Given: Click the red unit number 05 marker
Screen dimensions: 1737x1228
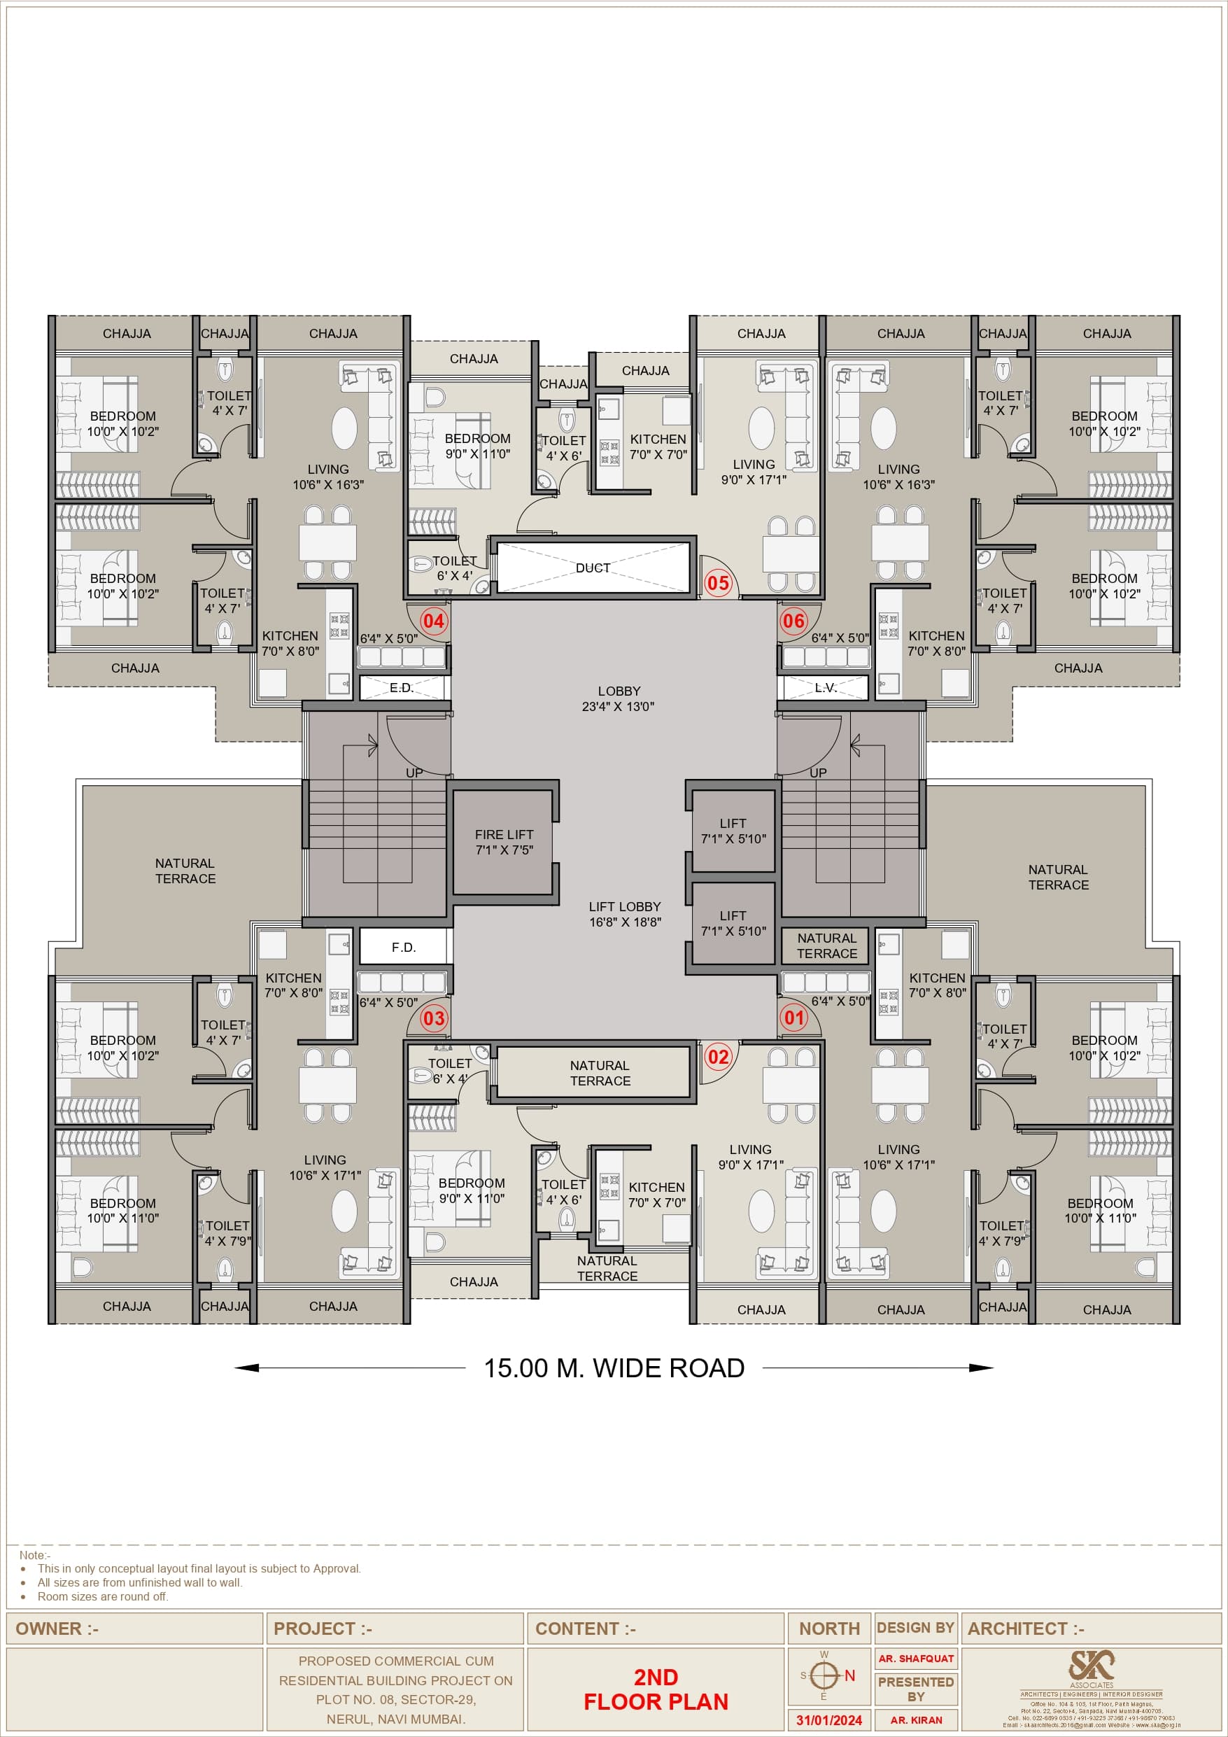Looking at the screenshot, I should tap(717, 582).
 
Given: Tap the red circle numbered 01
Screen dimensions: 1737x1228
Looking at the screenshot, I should tap(793, 1018).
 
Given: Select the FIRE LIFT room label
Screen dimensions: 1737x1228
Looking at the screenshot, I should tap(504, 842).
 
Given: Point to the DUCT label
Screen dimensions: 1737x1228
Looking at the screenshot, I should tap(593, 568).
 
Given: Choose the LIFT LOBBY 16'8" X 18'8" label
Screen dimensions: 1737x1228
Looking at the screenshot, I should tap(625, 914).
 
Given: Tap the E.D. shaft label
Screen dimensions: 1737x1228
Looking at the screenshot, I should tap(401, 688).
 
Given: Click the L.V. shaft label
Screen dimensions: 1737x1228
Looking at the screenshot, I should tap(825, 688).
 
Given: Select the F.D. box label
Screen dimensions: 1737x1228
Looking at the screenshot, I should tap(403, 947).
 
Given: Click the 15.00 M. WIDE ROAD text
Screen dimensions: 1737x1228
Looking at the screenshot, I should tap(614, 1367).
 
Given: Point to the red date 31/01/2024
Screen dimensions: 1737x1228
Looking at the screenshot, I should tap(828, 1720).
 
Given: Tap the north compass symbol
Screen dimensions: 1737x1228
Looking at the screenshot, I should tap(824, 1675).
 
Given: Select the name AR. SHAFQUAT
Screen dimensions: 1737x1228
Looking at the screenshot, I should tap(915, 1659).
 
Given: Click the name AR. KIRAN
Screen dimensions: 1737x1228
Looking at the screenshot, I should tap(915, 1720).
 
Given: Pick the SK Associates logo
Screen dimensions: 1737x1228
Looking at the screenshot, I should tap(1091, 1666).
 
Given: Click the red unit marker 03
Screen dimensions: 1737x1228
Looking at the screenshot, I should tap(433, 1018).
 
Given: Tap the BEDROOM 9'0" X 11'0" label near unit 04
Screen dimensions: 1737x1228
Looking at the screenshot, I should tap(477, 446).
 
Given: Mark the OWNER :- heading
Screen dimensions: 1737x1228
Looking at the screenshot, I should tap(57, 1629).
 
